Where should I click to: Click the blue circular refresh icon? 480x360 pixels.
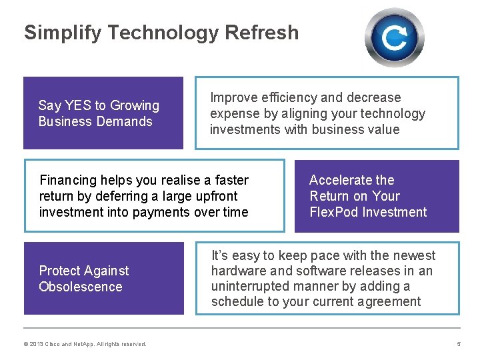coord(394,37)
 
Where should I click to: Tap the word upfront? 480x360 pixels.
coord(215,196)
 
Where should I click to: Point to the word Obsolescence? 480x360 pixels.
coord(81,287)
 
